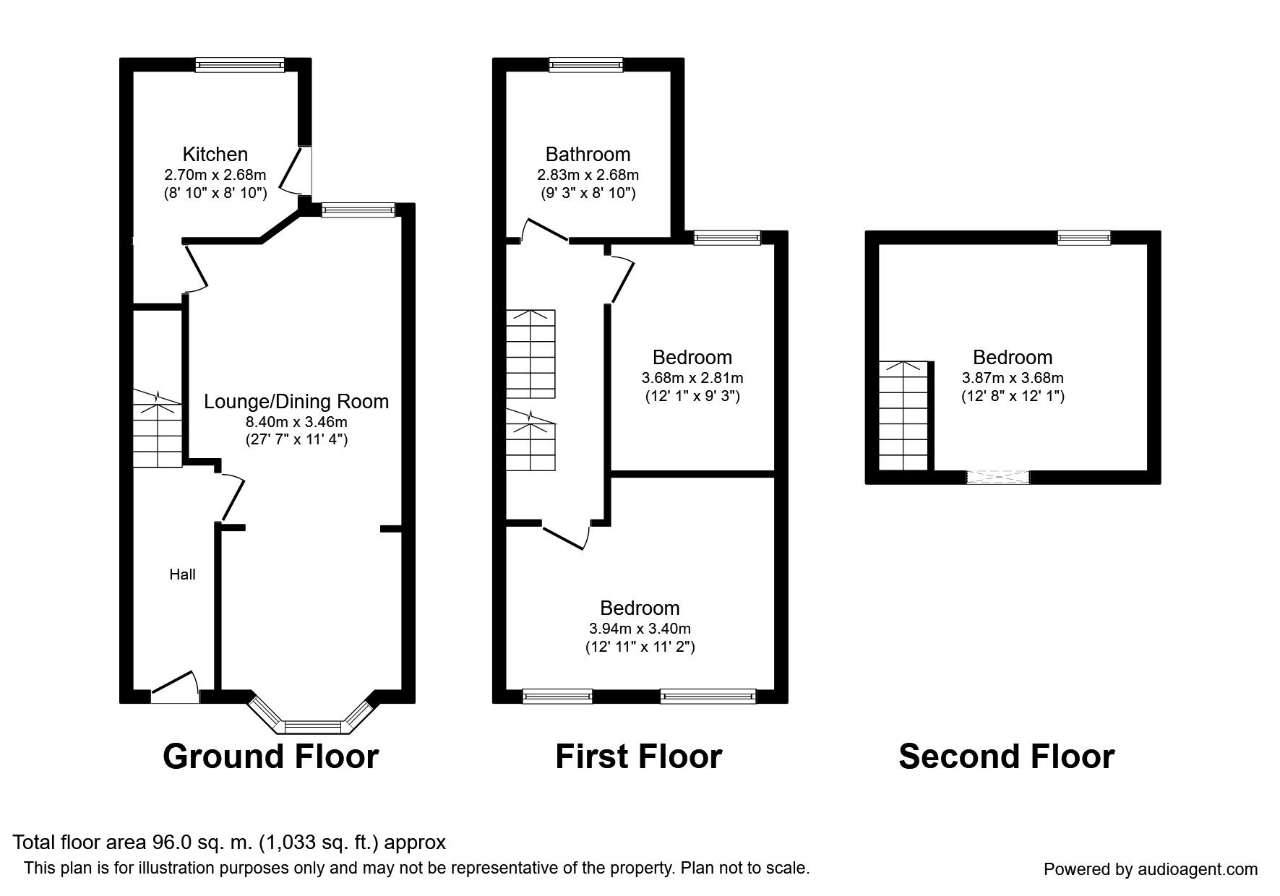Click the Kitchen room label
[x=215, y=154]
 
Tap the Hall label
[x=182, y=574]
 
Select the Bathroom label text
[x=588, y=154]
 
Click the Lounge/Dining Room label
[x=296, y=402]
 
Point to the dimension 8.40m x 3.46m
[x=296, y=421]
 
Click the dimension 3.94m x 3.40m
[x=640, y=629]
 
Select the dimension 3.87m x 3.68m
[x=1012, y=377]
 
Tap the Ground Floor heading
[x=270, y=757]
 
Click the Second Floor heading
[x=1006, y=757]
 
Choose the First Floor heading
[x=638, y=757]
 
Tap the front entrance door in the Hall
[x=175, y=686]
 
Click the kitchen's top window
[x=241, y=65]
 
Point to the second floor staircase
[x=903, y=415]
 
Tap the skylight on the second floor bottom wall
[x=997, y=477]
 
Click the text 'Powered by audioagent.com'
[x=1150, y=869]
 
